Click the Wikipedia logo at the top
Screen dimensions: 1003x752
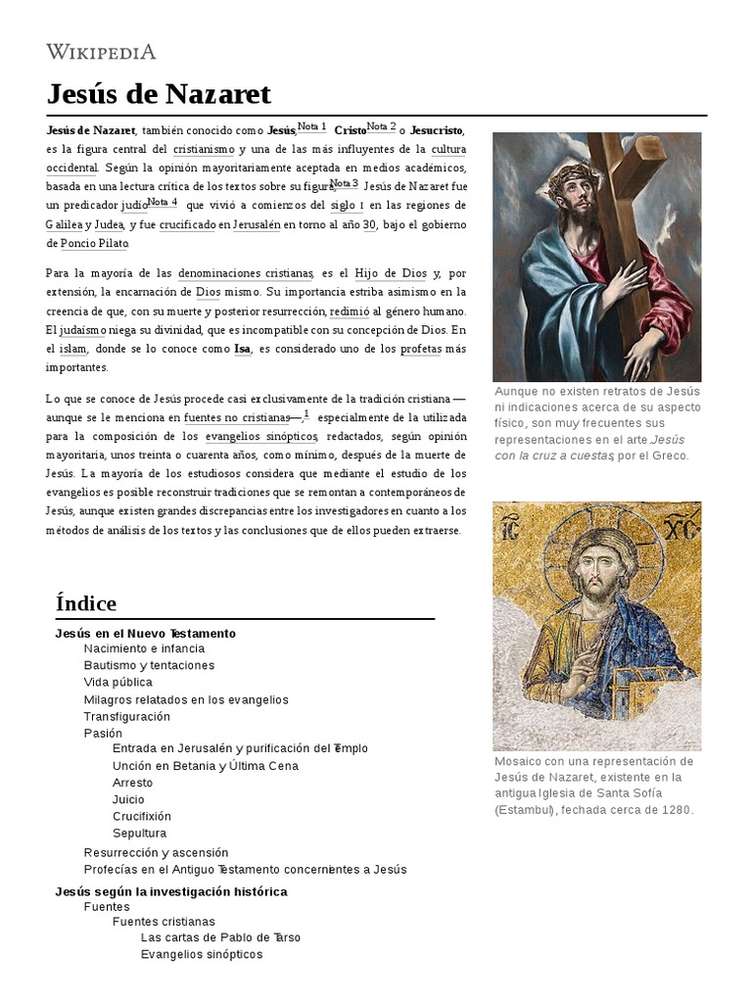click(x=101, y=52)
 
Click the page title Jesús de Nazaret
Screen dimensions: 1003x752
click(x=159, y=95)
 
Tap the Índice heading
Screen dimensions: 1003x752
click(x=86, y=602)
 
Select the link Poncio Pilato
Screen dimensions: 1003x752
click(x=94, y=243)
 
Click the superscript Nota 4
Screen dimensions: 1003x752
click(x=163, y=203)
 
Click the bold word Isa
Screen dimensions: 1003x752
click(x=242, y=349)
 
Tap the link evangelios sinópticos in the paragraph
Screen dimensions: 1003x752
click(x=261, y=435)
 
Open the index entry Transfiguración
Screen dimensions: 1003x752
click(x=126, y=716)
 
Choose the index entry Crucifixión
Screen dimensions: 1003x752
click(x=141, y=816)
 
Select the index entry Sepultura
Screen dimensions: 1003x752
click(x=139, y=833)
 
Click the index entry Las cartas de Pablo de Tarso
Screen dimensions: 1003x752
click(x=220, y=937)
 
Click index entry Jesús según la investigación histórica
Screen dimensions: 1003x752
click(x=171, y=891)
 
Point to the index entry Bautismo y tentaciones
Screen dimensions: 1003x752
click(x=149, y=665)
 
